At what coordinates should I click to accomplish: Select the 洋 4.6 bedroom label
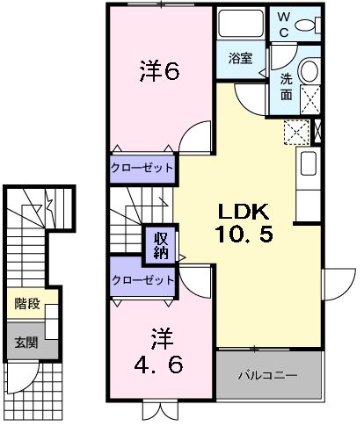[x=159, y=349]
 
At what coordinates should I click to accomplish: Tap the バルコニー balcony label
[x=268, y=375]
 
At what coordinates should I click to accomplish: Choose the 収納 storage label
[x=157, y=242]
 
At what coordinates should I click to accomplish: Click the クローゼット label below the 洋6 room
[x=141, y=168]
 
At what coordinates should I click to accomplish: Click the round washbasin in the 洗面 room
[x=310, y=72]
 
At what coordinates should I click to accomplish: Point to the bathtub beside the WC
[x=239, y=25]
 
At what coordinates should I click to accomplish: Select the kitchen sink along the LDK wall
[x=309, y=163]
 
